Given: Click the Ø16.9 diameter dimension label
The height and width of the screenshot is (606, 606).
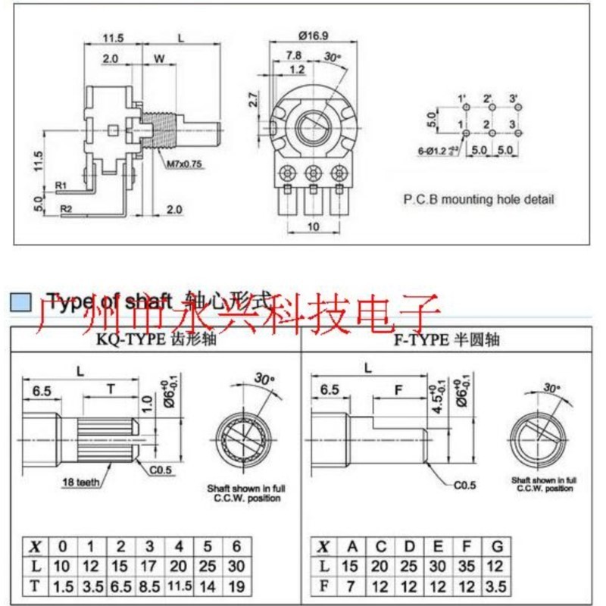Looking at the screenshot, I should pyautogui.click(x=313, y=35).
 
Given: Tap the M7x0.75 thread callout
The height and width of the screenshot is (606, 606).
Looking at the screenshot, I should pyautogui.click(x=183, y=161).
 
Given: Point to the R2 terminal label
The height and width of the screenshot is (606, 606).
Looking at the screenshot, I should pyautogui.click(x=66, y=207).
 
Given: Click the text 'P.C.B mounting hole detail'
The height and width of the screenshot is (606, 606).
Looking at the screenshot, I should pyautogui.click(x=478, y=200).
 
